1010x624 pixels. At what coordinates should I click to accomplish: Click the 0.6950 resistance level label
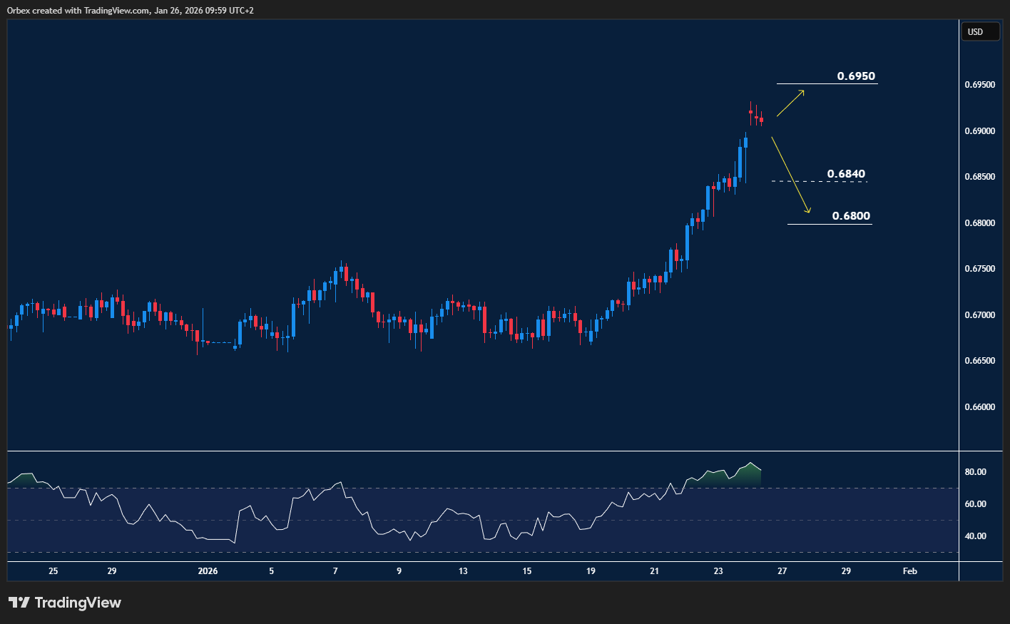[856, 76]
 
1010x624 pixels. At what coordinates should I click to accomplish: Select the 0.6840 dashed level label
[846, 174]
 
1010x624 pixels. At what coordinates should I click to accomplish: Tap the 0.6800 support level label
[851, 216]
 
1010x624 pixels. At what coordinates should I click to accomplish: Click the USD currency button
[975, 32]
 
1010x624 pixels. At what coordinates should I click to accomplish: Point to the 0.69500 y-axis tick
[979, 85]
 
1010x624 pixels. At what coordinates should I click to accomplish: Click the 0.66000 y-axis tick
[979, 407]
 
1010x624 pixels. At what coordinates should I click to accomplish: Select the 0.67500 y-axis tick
[979, 269]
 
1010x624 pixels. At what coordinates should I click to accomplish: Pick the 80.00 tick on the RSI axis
[975, 472]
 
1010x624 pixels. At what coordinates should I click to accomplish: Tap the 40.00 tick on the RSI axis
[975, 536]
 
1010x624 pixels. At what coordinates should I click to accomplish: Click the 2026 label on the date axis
[208, 571]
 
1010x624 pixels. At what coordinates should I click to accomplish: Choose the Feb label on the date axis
[909, 571]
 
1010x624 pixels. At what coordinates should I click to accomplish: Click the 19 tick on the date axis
[591, 571]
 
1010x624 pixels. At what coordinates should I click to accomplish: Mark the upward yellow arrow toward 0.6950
[790, 103]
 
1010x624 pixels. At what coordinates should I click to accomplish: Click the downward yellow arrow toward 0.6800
[791, 175]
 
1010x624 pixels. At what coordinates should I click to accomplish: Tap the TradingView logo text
[77, 603]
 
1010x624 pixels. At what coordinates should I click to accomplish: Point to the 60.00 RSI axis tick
[975, 504]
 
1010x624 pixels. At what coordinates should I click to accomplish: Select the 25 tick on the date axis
[53, 571]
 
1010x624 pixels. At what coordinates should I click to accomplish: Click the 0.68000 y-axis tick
[979, 223]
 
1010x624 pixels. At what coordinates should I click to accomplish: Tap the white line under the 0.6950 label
[827, 84]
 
